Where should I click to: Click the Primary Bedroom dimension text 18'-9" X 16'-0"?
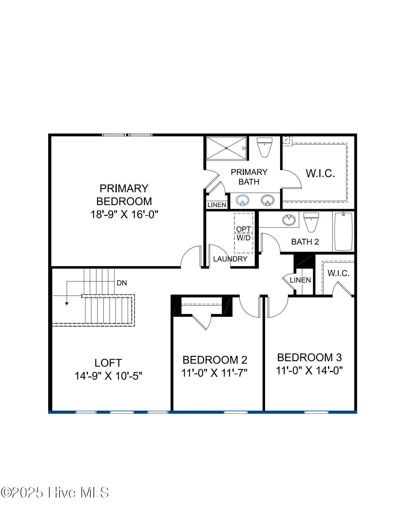pos(124,215)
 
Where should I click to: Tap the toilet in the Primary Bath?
pos(264,147)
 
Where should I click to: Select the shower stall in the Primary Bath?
pos(226,148)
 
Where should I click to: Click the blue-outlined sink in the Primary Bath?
pos(242,200)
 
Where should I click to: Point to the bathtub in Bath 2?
pos(343,231)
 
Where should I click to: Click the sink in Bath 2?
pos(289,220)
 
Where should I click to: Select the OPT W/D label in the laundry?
pos(243,233)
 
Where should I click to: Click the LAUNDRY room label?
pos(230,259)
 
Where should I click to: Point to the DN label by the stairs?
pos(122,283)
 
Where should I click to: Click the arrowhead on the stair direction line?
pos(67,303)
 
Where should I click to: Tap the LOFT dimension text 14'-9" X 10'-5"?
pos(108,376)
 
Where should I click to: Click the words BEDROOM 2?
pos(215,360)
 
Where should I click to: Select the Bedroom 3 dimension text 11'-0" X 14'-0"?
pos(309,370)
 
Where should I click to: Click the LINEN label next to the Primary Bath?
pos(217,205)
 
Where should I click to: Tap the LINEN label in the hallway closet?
pos(300,280)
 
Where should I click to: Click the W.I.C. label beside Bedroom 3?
pos(338,273)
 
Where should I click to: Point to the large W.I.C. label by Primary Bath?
pos(320,173)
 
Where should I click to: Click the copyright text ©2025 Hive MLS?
pos(55,493)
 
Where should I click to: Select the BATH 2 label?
pos(305,242)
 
